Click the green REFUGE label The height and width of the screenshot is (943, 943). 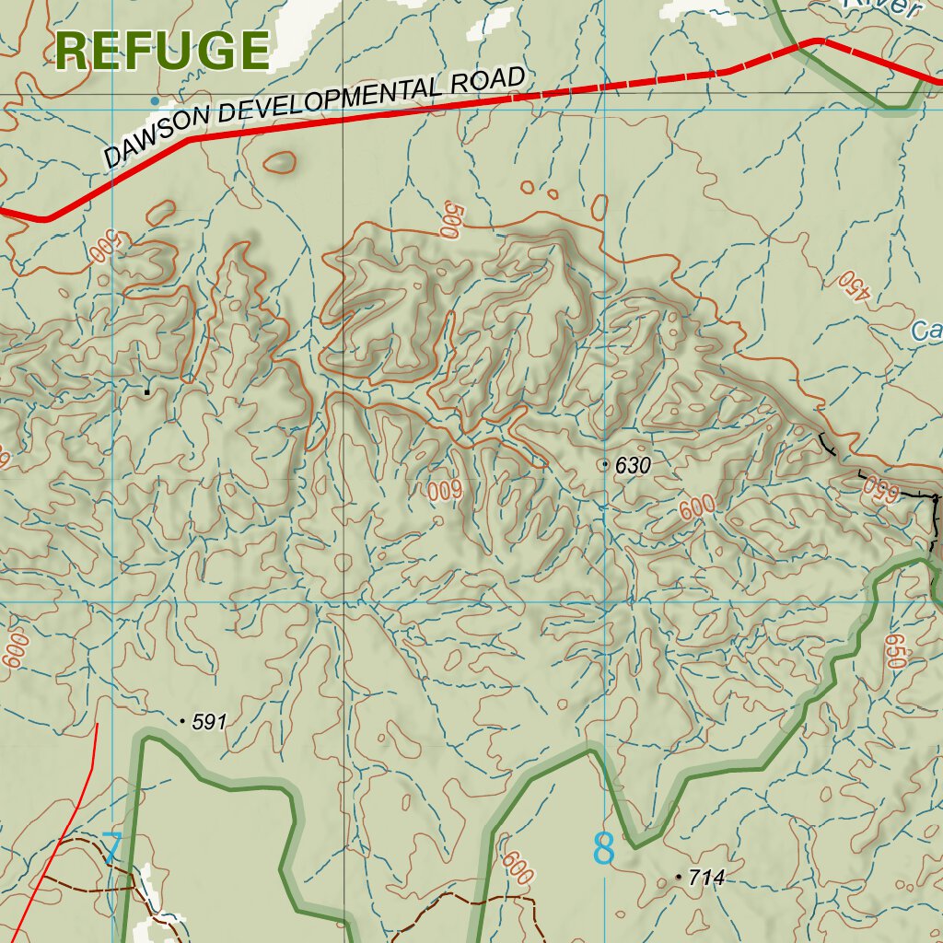pyautogui.click(x=162, y=51)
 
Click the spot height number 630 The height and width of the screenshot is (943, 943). pyautogui.click(x=633, y=466)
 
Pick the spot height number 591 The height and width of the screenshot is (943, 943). pyautogui.click(x=209, y=723)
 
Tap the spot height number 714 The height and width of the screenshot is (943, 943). pyautogui.click(x=706, y=879)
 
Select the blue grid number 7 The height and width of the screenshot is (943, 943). pyautogui.click(x=111, y=848)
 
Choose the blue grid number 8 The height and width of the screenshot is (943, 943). pyautogui.click(x=604, y=849)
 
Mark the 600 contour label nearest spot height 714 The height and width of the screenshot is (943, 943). pyautogui.click(x=518, y=868)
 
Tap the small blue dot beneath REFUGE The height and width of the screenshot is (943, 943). pyautogui.click(x=155, y=100)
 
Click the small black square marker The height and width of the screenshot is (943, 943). pyautogui.click(x=146, y=391)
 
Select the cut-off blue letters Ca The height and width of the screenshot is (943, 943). pyautogui.click(x=926, y=330)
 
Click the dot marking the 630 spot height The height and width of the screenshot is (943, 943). pyautogui.click(x=605, y=465)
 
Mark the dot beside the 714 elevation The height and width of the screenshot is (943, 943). pyautogui.click(x=680, y=877)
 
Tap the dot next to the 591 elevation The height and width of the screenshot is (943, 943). pyautogui.click(x=182, y=721)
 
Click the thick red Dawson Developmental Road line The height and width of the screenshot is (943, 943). pyautogui.click(x=368, y=118)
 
